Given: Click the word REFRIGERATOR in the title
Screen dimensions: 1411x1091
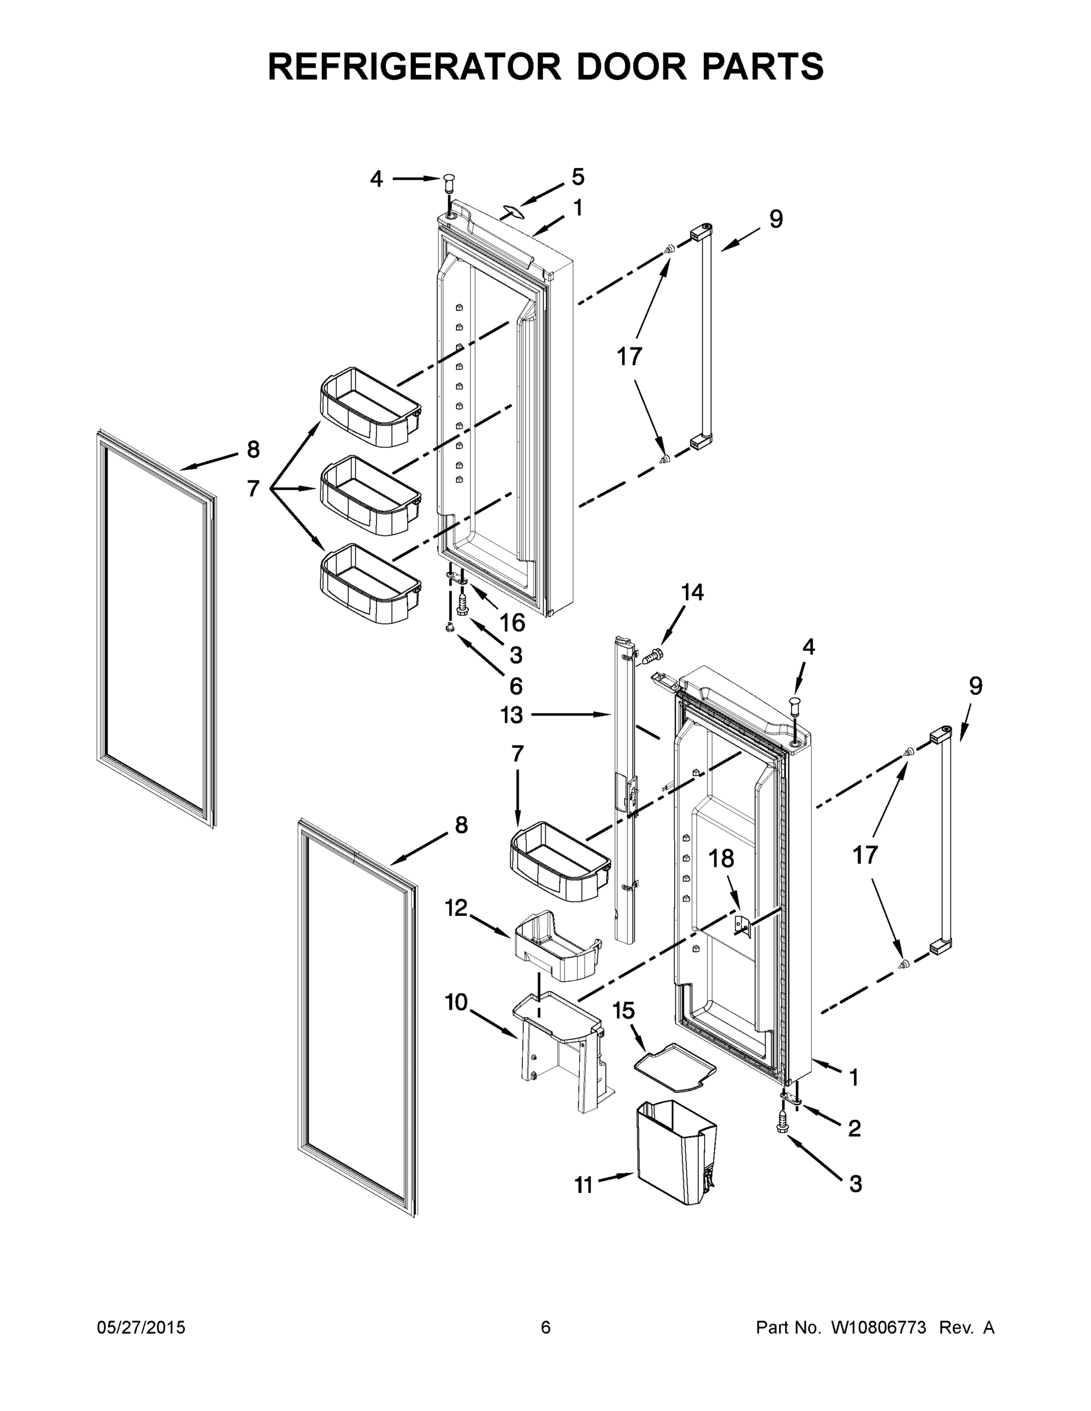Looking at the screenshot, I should point(413,66).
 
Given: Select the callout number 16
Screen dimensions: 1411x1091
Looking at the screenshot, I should point(512,623).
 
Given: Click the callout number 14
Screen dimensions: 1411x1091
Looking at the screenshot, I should point(692,593).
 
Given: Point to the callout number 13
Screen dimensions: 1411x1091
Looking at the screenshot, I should point(511,715).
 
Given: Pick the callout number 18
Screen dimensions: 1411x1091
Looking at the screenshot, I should point(721,858).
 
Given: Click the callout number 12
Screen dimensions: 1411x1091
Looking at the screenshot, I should point(456,908).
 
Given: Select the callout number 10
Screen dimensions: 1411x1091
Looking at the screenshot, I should point(456,1002).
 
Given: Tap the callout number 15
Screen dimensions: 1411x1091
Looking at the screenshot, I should point(623,1011).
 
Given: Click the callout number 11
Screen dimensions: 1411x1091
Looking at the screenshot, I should point(583,1185).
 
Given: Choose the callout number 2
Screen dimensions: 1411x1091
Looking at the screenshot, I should point(855,1129).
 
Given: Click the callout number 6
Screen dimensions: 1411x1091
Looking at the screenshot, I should point(516,686).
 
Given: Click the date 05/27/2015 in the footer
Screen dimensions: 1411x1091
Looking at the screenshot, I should point(141,1328).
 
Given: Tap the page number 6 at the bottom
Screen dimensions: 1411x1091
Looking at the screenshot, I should point(546,1328).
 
